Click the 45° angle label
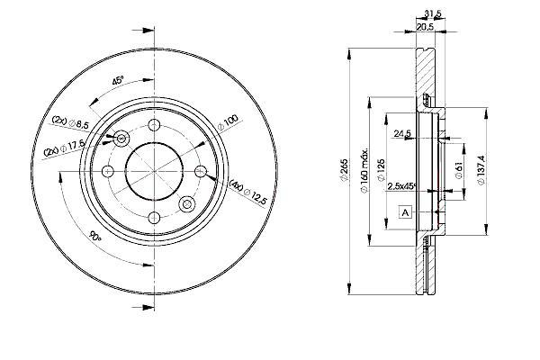[x=118, y=81]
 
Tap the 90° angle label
[x=95, y=237]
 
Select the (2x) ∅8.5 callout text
[x=70, y=122]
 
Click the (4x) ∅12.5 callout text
[x=248, y=193]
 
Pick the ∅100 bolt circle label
[x=228, y=123]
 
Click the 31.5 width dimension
[x=433, y=13]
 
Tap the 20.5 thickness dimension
[x=425, y=27]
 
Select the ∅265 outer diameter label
[x=344, y=170]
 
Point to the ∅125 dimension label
[x=381, y=170]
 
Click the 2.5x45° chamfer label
[x=402, y=186]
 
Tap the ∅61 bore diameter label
[x=459, y=170]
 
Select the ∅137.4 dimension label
[x=481, y=170]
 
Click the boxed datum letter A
[x=405, y=212]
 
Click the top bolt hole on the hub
[x=154, y=124]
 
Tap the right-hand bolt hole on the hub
[x=201, y=171]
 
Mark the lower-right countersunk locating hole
[x=187, y=204]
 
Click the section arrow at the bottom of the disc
[x=143, y=307]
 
